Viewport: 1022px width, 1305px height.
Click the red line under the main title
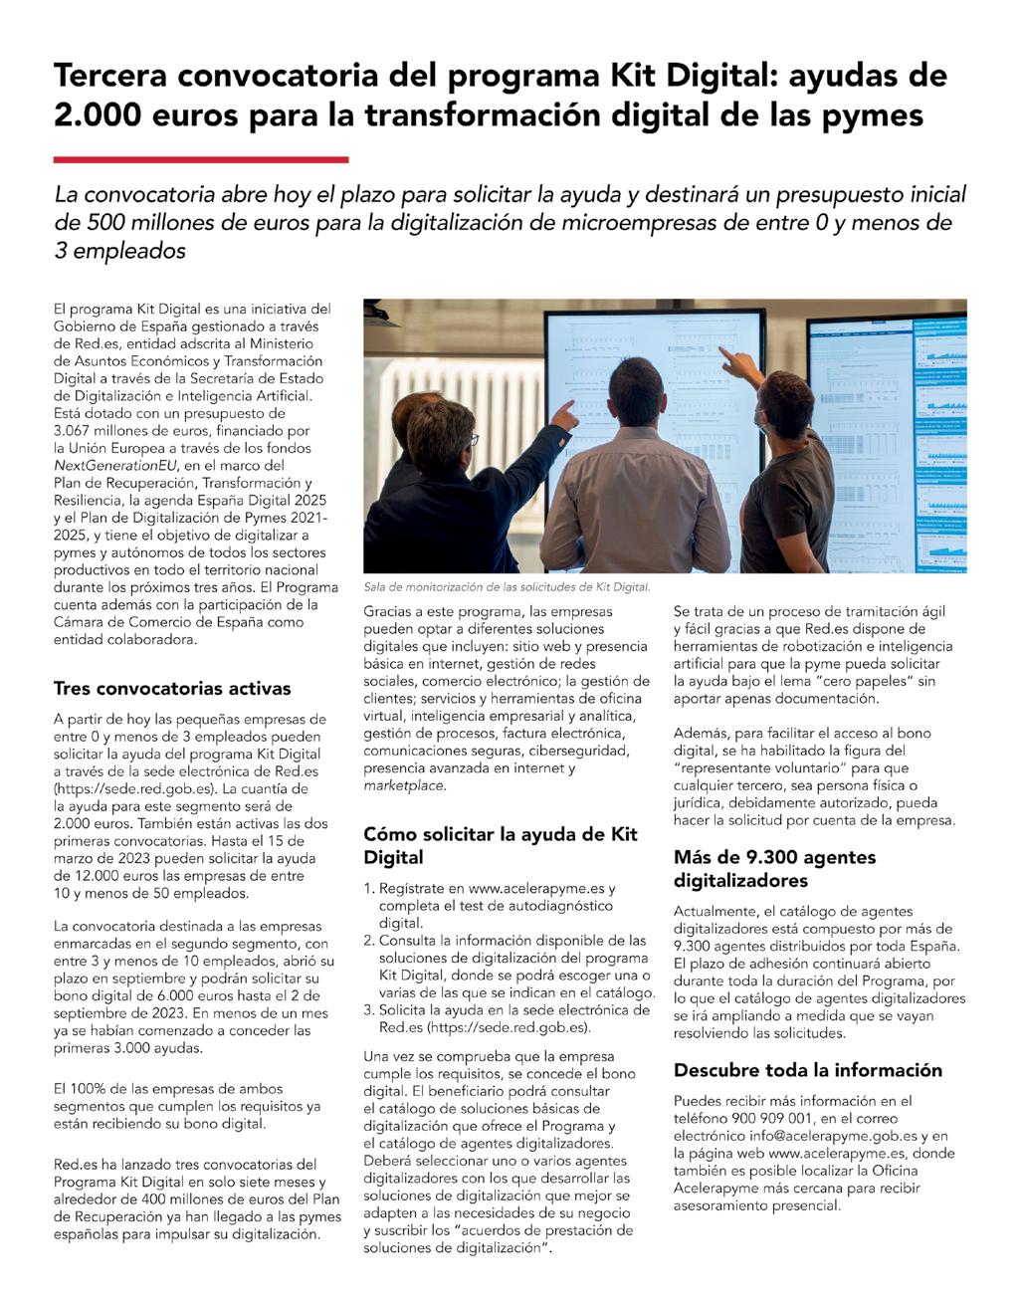tap(201, 159)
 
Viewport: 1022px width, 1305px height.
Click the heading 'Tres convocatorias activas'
tap(172, 688)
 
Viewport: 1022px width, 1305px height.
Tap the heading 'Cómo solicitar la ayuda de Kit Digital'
tap(500, 845)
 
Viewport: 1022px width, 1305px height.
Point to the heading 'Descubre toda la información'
tap(807, 1070)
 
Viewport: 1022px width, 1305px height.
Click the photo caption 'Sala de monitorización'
tap(507, 587)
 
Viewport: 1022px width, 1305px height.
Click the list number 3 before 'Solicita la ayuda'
tap(368, 1010)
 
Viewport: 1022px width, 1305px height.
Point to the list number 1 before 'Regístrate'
tap(368, 889)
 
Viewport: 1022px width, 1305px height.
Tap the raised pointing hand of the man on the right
tap(734, 360)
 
